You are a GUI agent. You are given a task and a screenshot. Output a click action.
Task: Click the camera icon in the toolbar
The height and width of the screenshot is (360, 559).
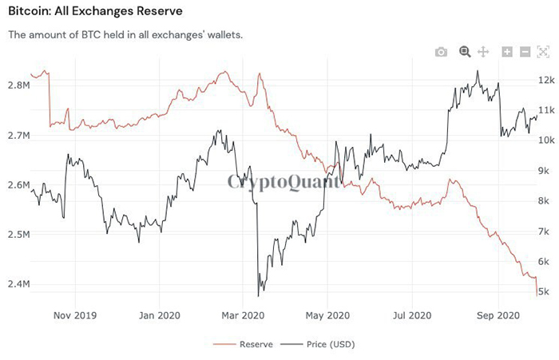click(441, 52)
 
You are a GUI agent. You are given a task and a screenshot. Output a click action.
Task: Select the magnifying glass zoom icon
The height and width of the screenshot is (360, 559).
click(464, 52)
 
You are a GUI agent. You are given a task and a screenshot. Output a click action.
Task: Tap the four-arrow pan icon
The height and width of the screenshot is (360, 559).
click(482, 52)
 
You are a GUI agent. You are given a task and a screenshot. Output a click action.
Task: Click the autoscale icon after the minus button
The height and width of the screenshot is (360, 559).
click(543, 52)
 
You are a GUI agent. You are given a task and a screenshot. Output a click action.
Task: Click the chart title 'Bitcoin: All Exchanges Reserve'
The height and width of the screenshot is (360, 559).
click(95, 11)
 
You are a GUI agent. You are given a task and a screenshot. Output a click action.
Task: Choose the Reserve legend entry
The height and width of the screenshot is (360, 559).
click(247, 345)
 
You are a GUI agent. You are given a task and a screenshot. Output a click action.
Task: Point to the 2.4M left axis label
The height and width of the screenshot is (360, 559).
click(18, 284)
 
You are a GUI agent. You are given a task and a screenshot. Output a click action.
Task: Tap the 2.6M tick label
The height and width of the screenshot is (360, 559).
click(18, 185)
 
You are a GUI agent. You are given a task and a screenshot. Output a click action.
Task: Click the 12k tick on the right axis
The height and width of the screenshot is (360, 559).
click(546, 80)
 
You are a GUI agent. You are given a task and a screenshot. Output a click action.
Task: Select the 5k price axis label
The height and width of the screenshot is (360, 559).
click(544, 292)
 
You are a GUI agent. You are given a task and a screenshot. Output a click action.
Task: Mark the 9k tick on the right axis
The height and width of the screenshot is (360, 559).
click(544, 171)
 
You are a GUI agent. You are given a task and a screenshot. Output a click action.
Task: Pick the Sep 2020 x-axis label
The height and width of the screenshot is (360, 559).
click(498, 315)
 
